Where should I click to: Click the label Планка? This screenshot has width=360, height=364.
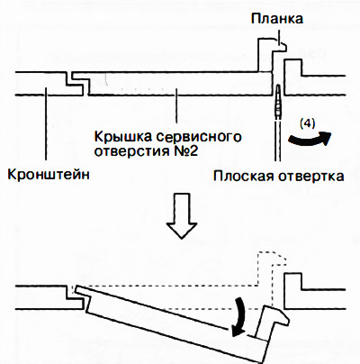coord(275,18)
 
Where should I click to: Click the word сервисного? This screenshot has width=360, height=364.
coord(196,136)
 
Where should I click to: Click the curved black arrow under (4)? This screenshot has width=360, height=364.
coord(310,140)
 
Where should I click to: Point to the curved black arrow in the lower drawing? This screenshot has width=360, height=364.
coord(240,315)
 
